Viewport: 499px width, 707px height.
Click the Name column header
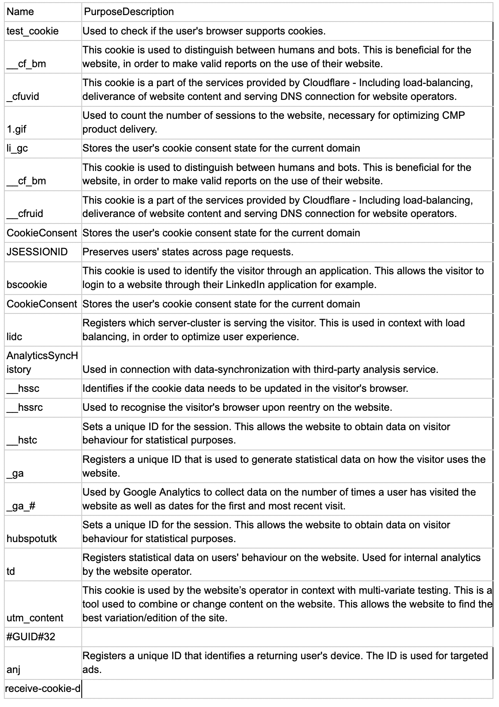(x=20, y=12)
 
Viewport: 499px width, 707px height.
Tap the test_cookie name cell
(x=33, y=31)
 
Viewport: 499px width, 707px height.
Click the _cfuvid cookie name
(x=23, y=96)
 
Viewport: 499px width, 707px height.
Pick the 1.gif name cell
(x=16, y=129)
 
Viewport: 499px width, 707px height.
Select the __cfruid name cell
(x=25, y=214)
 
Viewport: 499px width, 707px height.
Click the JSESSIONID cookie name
(x=37, y=252)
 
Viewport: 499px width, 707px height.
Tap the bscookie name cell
(x=27, y=285)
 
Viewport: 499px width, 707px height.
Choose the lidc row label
(x=15, y=337)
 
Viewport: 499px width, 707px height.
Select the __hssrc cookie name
(x=25, y=407)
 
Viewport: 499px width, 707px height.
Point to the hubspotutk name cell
(x=32, y=539)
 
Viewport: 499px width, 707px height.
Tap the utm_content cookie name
(x=35, y=618)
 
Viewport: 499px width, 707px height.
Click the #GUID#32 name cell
(x=31, y=637)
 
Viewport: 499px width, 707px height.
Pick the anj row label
(x=14, y=670)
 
